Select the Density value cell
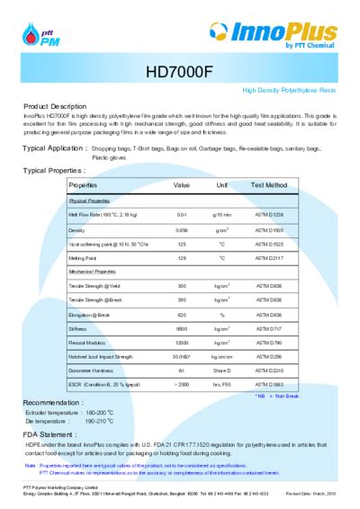(x=181, y=230)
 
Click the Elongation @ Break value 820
(x=181, y=315)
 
